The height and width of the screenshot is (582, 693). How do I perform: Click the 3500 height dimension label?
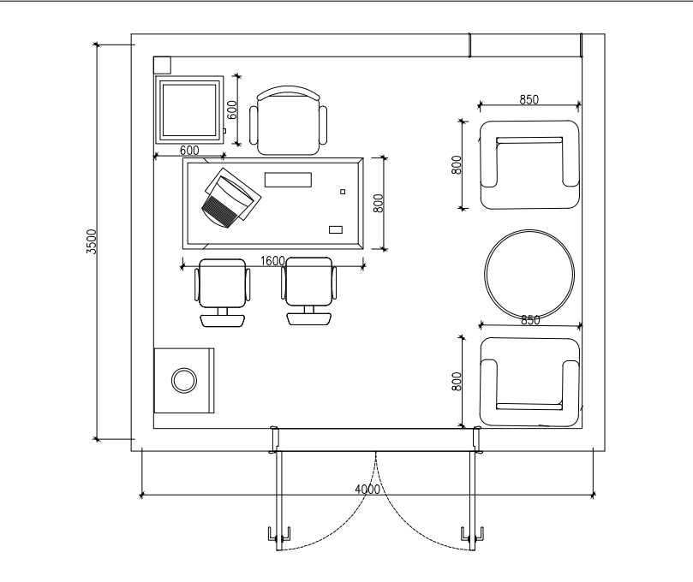coord(91,241)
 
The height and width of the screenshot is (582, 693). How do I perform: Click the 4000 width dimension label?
coord(367,490)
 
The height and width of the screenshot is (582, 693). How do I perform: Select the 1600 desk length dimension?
coord(272,261)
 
